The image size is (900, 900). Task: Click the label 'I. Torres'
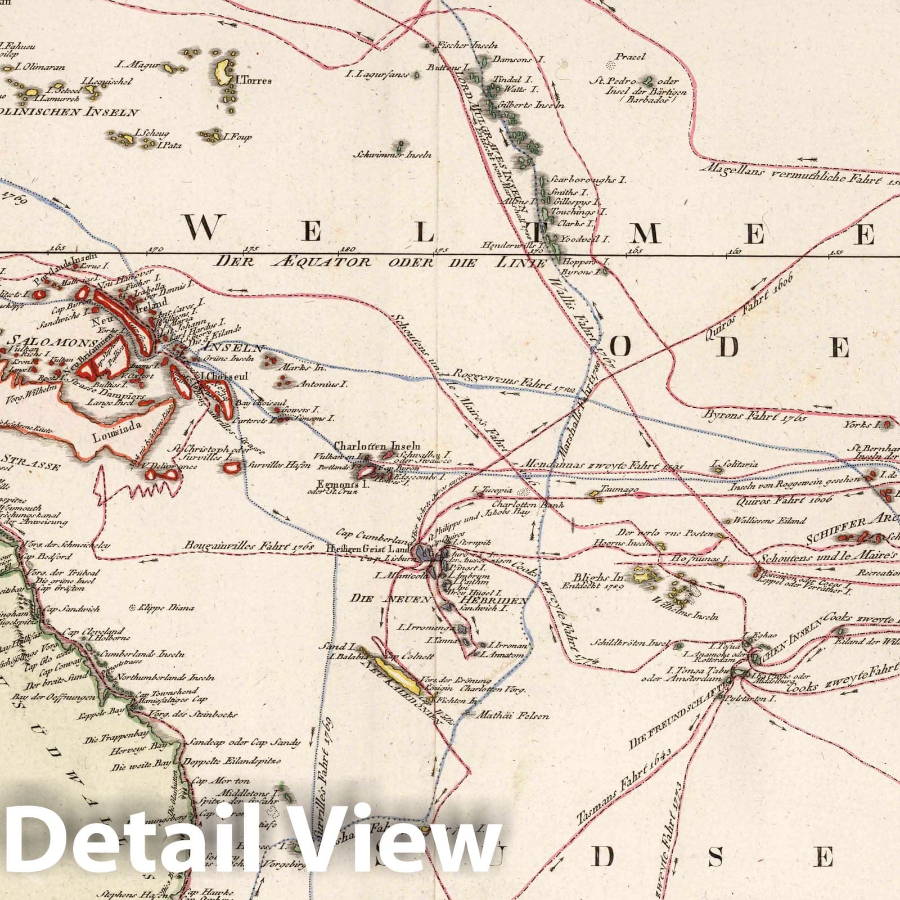pyautogui.click(x=254, y=80)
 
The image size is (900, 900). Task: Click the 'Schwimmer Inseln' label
pyautogui.click(x=393, y=155)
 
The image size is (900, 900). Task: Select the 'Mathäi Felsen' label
pyautogui.click(x=512, y=716)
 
